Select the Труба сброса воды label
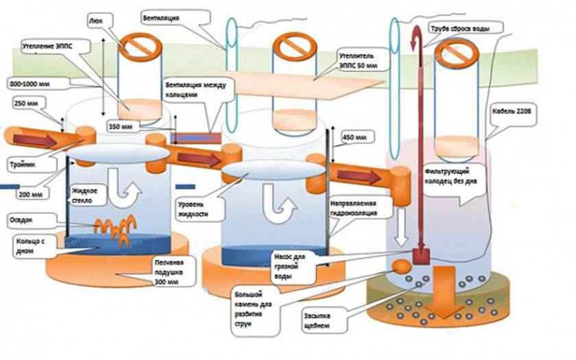pos(466,28)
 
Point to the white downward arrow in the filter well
pos(401,230)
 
